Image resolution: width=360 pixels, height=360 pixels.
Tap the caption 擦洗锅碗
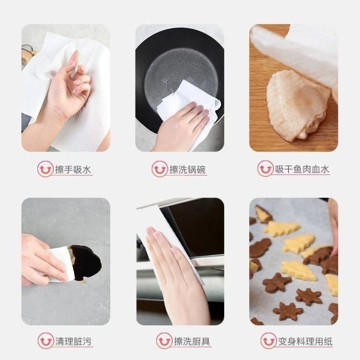click(188, 170)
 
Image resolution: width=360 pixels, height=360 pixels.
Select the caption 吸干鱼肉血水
click(302, 169)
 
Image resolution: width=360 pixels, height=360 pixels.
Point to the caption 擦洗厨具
click(188, 341)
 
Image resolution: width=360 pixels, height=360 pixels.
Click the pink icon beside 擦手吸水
click(45, 169)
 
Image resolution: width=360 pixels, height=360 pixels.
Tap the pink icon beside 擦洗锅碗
click(159, 170)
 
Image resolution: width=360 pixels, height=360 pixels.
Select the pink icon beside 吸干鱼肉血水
click(265, 169)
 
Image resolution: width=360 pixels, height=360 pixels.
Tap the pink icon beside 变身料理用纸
click(268, 341)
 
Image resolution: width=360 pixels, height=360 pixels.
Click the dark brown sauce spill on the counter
click(88, 261)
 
